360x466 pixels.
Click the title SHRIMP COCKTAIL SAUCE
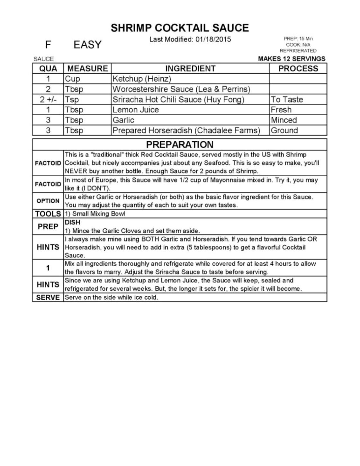[180, 28]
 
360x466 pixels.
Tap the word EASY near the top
[87, 45]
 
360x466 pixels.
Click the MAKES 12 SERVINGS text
[292, 59]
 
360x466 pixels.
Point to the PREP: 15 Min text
[298, 39]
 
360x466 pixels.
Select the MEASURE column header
[87, 68]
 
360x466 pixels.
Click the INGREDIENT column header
[190, 68]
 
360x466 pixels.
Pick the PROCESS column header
[298, 68]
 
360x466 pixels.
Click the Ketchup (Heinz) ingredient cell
[142, 79]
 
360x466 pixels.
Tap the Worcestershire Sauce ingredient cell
[181, 89]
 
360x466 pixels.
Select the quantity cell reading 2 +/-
[48, 100]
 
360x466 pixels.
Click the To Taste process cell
[287, 100]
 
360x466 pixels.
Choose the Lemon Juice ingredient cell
[136, 110]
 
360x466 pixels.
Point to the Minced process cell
[284, 120]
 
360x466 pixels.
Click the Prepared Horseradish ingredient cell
[186, 130]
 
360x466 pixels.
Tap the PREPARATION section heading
[180, 144]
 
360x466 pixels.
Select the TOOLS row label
[48, 214]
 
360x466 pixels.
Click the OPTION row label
[48, 201]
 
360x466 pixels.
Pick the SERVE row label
[48, 297]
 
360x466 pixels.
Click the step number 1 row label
[48, 268]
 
